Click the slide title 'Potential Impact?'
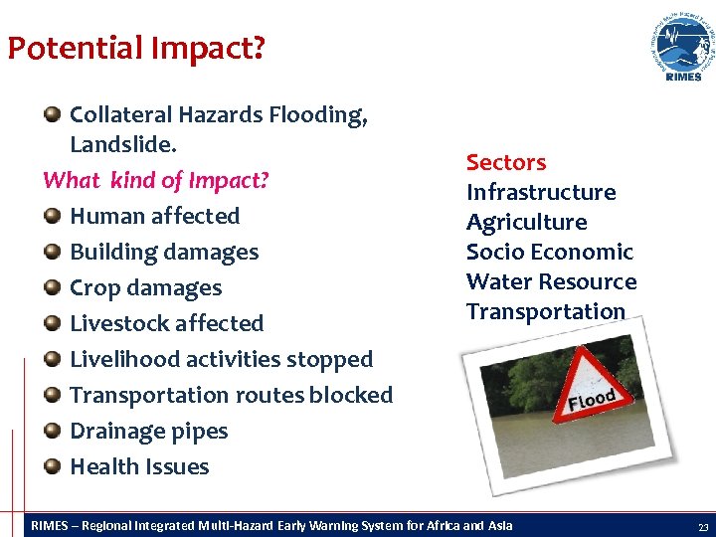[x=135, y=48]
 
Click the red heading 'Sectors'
[x=506, y=162]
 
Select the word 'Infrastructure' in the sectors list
[x=541, y=192]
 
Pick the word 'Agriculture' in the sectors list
[x=526, y=222]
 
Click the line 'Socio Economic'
[x=549, y=252]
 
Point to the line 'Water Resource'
[x=551, y=281]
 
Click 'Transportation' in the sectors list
[x=546, y=311]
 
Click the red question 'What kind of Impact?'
[x=156, y=181]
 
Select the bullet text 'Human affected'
[x=154, y=216]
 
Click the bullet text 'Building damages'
[x=164, y=252]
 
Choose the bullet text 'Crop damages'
[x=145, y=287]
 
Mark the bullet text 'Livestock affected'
[x=166, y=323]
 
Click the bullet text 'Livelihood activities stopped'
[x=221, y=359]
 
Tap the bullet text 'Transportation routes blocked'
[x=231, y=395]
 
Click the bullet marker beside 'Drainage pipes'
[x=53, y=431]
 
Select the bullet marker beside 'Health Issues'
[x=53, y=466]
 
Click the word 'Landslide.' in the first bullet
[x=123, y=145]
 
